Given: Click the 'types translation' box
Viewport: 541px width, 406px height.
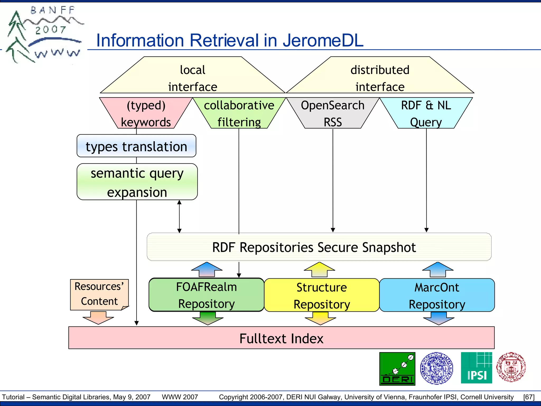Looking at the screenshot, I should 136,146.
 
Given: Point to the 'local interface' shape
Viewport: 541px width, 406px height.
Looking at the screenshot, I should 193,78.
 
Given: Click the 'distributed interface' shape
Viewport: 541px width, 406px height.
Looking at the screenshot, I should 380,78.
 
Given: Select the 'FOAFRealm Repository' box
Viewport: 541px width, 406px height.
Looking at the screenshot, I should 206,295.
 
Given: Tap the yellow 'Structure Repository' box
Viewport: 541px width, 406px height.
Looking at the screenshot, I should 321,295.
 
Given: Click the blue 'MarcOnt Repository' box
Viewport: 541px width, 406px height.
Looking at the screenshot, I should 437,295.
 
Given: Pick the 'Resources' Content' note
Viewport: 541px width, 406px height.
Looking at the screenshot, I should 99,294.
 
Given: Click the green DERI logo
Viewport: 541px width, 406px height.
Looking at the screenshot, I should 397,369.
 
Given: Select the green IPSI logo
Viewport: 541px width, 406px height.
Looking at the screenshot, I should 476,368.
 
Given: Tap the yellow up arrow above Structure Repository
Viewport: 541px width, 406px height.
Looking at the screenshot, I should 319,269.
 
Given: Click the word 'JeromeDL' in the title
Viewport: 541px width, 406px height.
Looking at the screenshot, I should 323,40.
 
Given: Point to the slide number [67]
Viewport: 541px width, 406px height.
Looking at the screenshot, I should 529,397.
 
